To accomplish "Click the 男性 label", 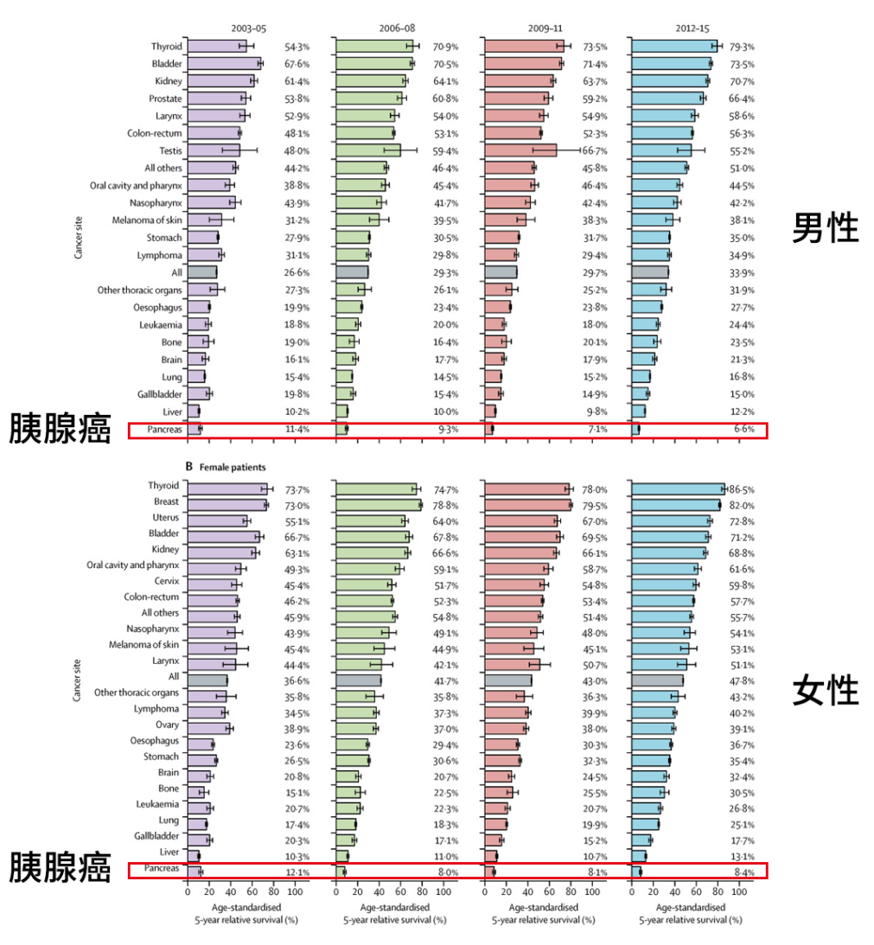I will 826,228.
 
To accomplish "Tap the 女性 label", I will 826,691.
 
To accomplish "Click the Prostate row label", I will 165,99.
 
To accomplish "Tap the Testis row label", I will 169,150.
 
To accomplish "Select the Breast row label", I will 167,501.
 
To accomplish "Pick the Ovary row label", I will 168,725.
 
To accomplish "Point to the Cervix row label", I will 167,581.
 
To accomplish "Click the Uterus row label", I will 166,517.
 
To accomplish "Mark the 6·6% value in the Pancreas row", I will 744,429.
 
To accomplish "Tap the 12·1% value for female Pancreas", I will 297,872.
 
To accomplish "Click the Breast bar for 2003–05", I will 226,505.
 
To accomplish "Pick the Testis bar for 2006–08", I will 367,150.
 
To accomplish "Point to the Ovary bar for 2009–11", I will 505,729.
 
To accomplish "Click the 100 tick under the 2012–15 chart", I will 739,891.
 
